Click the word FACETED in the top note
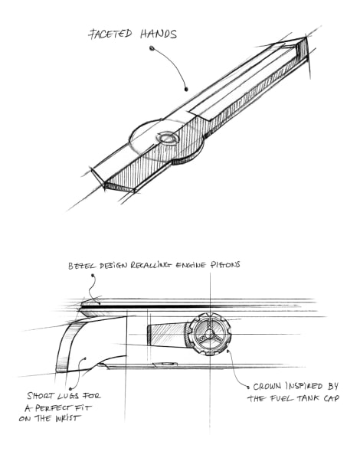click(110, 34)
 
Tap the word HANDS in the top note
click(159, 34)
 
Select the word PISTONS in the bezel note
click(225, 265)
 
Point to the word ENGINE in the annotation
click(191, 265)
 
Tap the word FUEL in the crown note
click(281, 398)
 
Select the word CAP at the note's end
click(332, 398)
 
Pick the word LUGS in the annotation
click(68, 396)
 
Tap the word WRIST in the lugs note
click(67, 418)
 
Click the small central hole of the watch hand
click(167, 138)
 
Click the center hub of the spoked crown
click(209, 334)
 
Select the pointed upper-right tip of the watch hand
click(306, 37)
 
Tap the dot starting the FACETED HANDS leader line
click(152, 48)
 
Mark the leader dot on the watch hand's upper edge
click(186, 89)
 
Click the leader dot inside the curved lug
click(85, 358)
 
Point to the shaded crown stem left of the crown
click(167, 335)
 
